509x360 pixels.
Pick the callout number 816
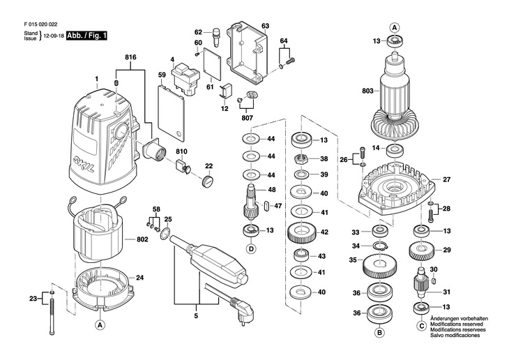(130, 57)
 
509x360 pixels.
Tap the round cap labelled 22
(207, 182)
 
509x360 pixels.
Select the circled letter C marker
(421, 325)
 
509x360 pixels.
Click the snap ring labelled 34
(381, 246)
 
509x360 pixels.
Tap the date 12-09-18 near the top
(53, 35)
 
